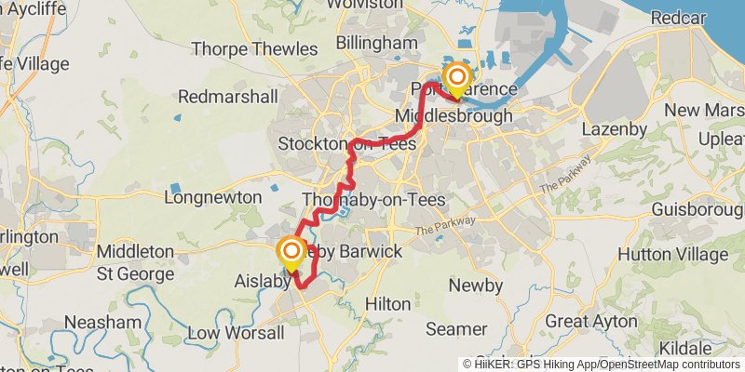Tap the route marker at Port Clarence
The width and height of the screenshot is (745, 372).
pyautogui.click(x=456, y=78)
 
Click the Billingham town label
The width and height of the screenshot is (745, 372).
pyautogui.click(x=377, y=44)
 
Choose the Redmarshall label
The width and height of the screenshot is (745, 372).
pyautogui.click(x=228, y=97)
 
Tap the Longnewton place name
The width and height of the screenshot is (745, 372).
pyautogui.click(x=208, y=197)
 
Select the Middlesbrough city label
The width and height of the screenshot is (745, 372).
pyautogui.click(x=454, y=116)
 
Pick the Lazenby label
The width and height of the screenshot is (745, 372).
pyautogui.click(x=614, y=129)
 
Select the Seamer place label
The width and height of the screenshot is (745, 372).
pyautogui.click(x=456, y=329)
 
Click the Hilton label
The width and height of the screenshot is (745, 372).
pyautogui.click(x=387, y=304)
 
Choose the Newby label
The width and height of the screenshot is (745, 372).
pyautogui.click(x=476, y=286)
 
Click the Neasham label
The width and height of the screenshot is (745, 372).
pyautogui.click(x=103, y=322)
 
